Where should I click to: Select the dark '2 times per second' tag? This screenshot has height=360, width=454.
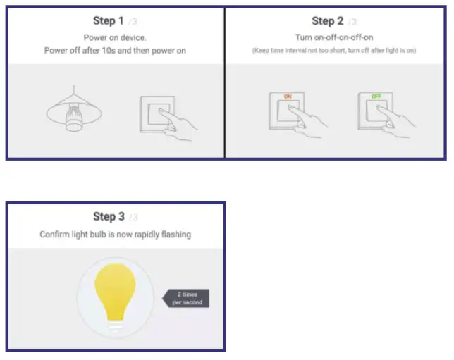pyautogui.click(x=188, y=298)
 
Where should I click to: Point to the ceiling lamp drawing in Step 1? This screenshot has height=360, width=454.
pyautogui.click(x=71, y=113)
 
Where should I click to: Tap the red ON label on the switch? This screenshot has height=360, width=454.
pyautogui.click(x=287, y=96)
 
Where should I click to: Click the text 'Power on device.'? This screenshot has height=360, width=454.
pyautogui.click(x=115, y=37)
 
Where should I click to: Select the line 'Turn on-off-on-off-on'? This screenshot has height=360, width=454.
pyautogui.click(x=335, y=37)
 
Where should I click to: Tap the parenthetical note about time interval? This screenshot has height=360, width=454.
pyautogui.click(x=335, y=51)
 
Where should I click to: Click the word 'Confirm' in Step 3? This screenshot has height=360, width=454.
pyautogui.click(x=56, y=233)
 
